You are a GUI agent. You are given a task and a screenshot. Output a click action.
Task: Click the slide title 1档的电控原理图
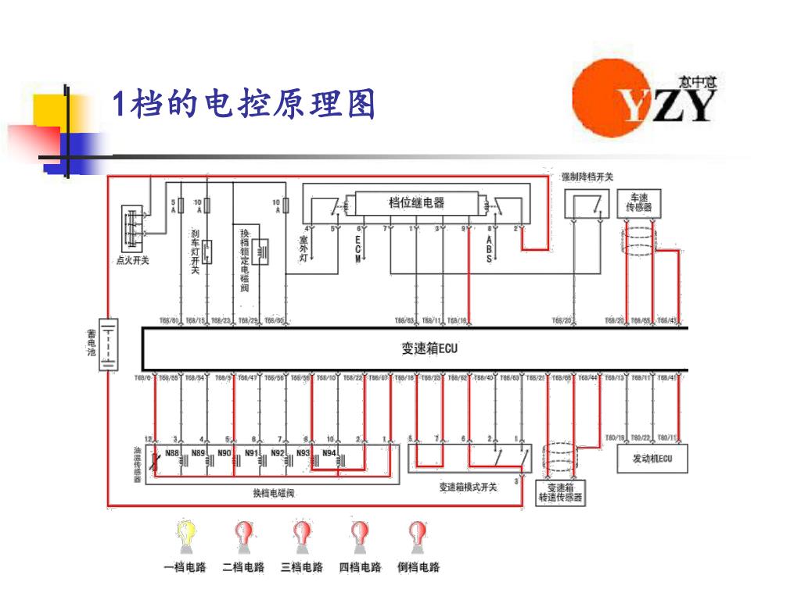pyautogui.click(x=243, y=104)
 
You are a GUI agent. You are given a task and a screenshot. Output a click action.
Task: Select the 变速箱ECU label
pyautogui.click(x=429, y=348)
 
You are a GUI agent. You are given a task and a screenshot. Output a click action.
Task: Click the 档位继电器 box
pyautogui.click(x=417, y=203)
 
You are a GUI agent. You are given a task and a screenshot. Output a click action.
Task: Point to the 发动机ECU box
pyautogui.click(x=652, y=459)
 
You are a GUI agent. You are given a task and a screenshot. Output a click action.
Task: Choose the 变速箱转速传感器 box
pyautogui.click(x=560, y=493)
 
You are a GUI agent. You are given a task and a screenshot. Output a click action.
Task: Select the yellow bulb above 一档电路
pyautogui.click(x=185, y=534)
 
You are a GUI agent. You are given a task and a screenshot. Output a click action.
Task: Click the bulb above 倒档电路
pyautogui.click(x=418, y=534)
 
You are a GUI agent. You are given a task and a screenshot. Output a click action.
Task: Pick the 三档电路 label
pyautogui.click(x=302, y=567)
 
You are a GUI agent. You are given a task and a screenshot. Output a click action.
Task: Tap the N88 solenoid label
pyautogui.click(x=173, y=452)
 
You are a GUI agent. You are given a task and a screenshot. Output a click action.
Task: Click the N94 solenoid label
pyautogui.click(x=329, y=452)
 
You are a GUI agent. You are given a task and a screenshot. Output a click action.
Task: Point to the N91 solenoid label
pyautogui.click(x=251, y=452)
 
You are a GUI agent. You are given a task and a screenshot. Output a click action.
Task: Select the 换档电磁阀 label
pyautogui.click(x=273, y=493)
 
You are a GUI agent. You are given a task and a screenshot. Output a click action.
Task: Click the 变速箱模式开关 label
pyautogui.click(x=468, y=487)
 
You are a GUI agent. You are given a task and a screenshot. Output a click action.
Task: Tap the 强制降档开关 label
pyautogui.click(x=587, y=177)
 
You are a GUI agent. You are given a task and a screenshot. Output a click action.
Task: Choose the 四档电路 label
pyautogui.click(x=360, y=567)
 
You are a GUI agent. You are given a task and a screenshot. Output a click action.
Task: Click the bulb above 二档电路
pyautogui.click(x=244, y=534)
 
